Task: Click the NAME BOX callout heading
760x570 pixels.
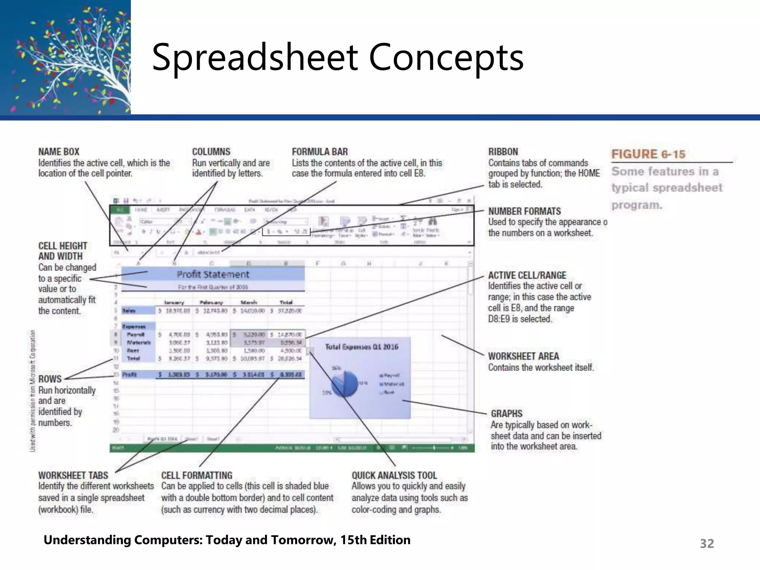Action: point(59,152)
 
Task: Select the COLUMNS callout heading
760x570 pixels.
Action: point(211,152)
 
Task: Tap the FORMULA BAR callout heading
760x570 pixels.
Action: point(320,152)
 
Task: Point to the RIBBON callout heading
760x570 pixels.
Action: point(503,152)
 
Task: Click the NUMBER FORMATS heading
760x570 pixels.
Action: point(524,211)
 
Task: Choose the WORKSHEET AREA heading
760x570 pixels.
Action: point(523,356)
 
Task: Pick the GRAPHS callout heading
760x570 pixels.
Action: point(507,413)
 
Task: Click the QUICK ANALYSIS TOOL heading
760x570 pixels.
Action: point(394,475)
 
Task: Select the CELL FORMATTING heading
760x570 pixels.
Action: point(197,475)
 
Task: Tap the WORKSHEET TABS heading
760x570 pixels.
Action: point(73,475)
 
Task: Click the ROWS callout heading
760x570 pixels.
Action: point(50,379)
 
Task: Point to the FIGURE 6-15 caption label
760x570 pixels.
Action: point(648,154)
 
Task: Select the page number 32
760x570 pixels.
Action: point(707,544)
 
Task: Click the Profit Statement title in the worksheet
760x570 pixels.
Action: point(213,274)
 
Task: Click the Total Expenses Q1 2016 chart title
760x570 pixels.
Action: point(361,347)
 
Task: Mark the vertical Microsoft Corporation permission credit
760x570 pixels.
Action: point(33,390)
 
